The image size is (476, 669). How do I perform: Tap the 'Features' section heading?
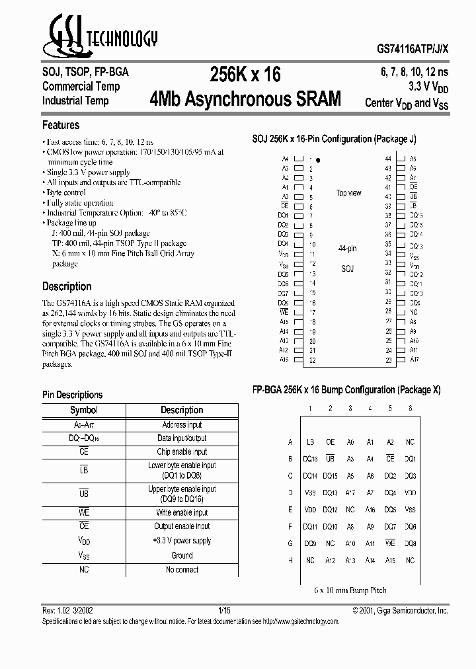coord(61,125)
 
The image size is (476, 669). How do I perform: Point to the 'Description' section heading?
coord(67,286)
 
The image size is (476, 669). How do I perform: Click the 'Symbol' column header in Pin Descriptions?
coord(84,410)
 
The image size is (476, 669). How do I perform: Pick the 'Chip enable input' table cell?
coord(182,452)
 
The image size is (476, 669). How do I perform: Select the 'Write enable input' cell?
coord(182,513)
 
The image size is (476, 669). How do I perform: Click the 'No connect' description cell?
coord(182,570)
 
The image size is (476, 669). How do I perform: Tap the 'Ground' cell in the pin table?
coord(182,555)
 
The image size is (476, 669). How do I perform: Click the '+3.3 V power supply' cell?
coord(182,541)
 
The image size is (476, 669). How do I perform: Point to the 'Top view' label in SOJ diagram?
coord(348,193)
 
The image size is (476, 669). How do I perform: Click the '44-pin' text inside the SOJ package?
coord(347,249)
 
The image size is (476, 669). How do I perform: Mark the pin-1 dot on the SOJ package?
coord(318,160)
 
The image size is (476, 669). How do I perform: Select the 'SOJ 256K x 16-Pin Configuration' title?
coord(334,139)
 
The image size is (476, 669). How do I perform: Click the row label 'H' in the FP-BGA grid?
coord(290,561)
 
